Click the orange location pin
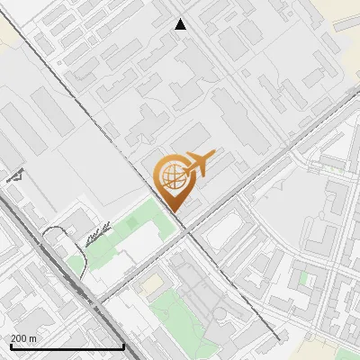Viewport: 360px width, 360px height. (174, 181)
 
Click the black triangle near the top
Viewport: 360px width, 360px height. (180, 24)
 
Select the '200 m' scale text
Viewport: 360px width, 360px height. (24, 338)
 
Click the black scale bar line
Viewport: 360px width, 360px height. (67, 346)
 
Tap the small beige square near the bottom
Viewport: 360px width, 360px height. (154, 283)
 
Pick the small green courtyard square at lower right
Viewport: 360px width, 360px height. (304, 279)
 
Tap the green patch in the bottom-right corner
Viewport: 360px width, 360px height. (346, 354)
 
